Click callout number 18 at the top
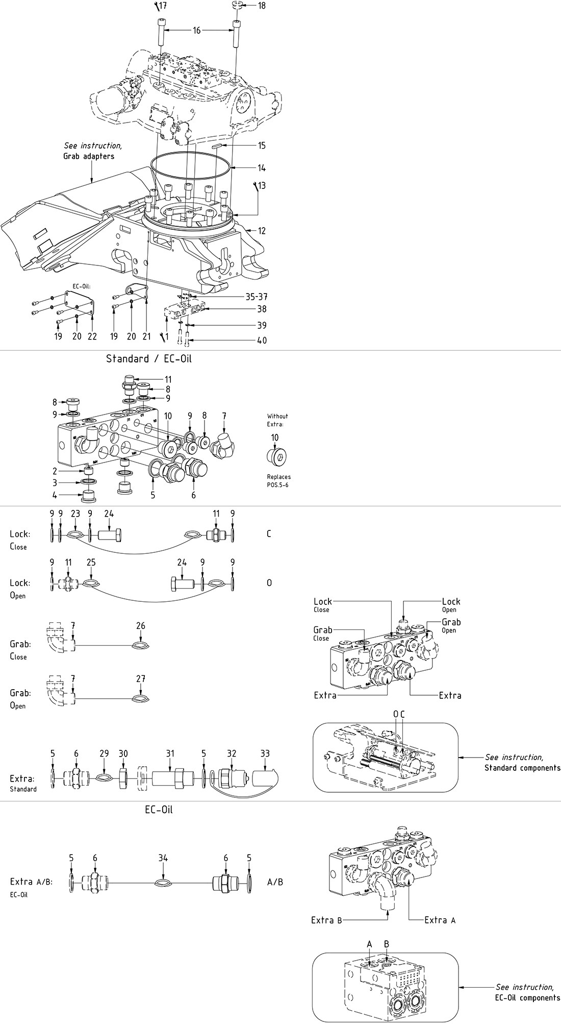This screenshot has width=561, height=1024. pos(262,6)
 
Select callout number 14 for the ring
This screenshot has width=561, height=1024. pos(262,168)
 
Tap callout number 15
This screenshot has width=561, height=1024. pos(262,146)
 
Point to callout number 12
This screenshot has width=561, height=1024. pos(262,231)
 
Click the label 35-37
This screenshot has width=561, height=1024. pos(257,297)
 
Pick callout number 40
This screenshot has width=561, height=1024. pos(262,340)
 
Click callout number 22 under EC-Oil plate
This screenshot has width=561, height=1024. pos(92,336)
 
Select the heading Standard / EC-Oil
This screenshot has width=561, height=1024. pos(148,359)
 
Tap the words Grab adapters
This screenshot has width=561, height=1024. pos(89,156)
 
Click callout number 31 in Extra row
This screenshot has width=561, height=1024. pos(170,753)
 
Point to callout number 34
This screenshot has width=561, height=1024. pos(163,858)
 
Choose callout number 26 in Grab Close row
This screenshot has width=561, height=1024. pos(141,626)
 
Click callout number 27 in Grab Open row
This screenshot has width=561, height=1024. pos(141,679)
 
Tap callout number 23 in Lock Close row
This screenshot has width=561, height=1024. pos(75,514)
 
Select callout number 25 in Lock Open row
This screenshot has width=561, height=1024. pos(91,563)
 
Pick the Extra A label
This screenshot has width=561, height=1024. pos(440,920)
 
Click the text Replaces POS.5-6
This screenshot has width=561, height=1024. pos(278,481)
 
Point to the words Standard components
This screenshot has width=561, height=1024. pos(522,768)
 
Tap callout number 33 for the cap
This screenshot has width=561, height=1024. pos(265,753)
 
